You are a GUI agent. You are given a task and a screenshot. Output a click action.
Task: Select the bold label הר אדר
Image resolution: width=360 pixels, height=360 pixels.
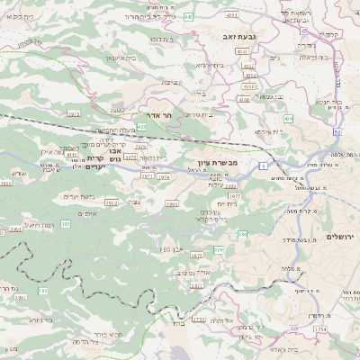[x=145, y=115]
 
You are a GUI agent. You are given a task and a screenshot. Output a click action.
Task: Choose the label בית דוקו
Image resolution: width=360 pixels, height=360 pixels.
[x=162, y=40]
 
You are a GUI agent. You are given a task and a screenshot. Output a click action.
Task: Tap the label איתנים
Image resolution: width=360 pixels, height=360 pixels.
[x=87, y=213]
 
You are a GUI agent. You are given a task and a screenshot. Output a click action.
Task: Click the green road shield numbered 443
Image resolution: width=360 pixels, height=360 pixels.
[x=188, y=16]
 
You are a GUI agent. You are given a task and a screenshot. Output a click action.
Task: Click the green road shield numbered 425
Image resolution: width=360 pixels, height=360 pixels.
[x=142, y=127]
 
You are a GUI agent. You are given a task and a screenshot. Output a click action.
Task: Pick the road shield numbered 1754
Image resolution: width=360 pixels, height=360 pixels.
[x=319, y=329]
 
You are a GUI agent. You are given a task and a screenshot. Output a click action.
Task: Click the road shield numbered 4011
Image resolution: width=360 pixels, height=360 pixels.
[x=232, y=15]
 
